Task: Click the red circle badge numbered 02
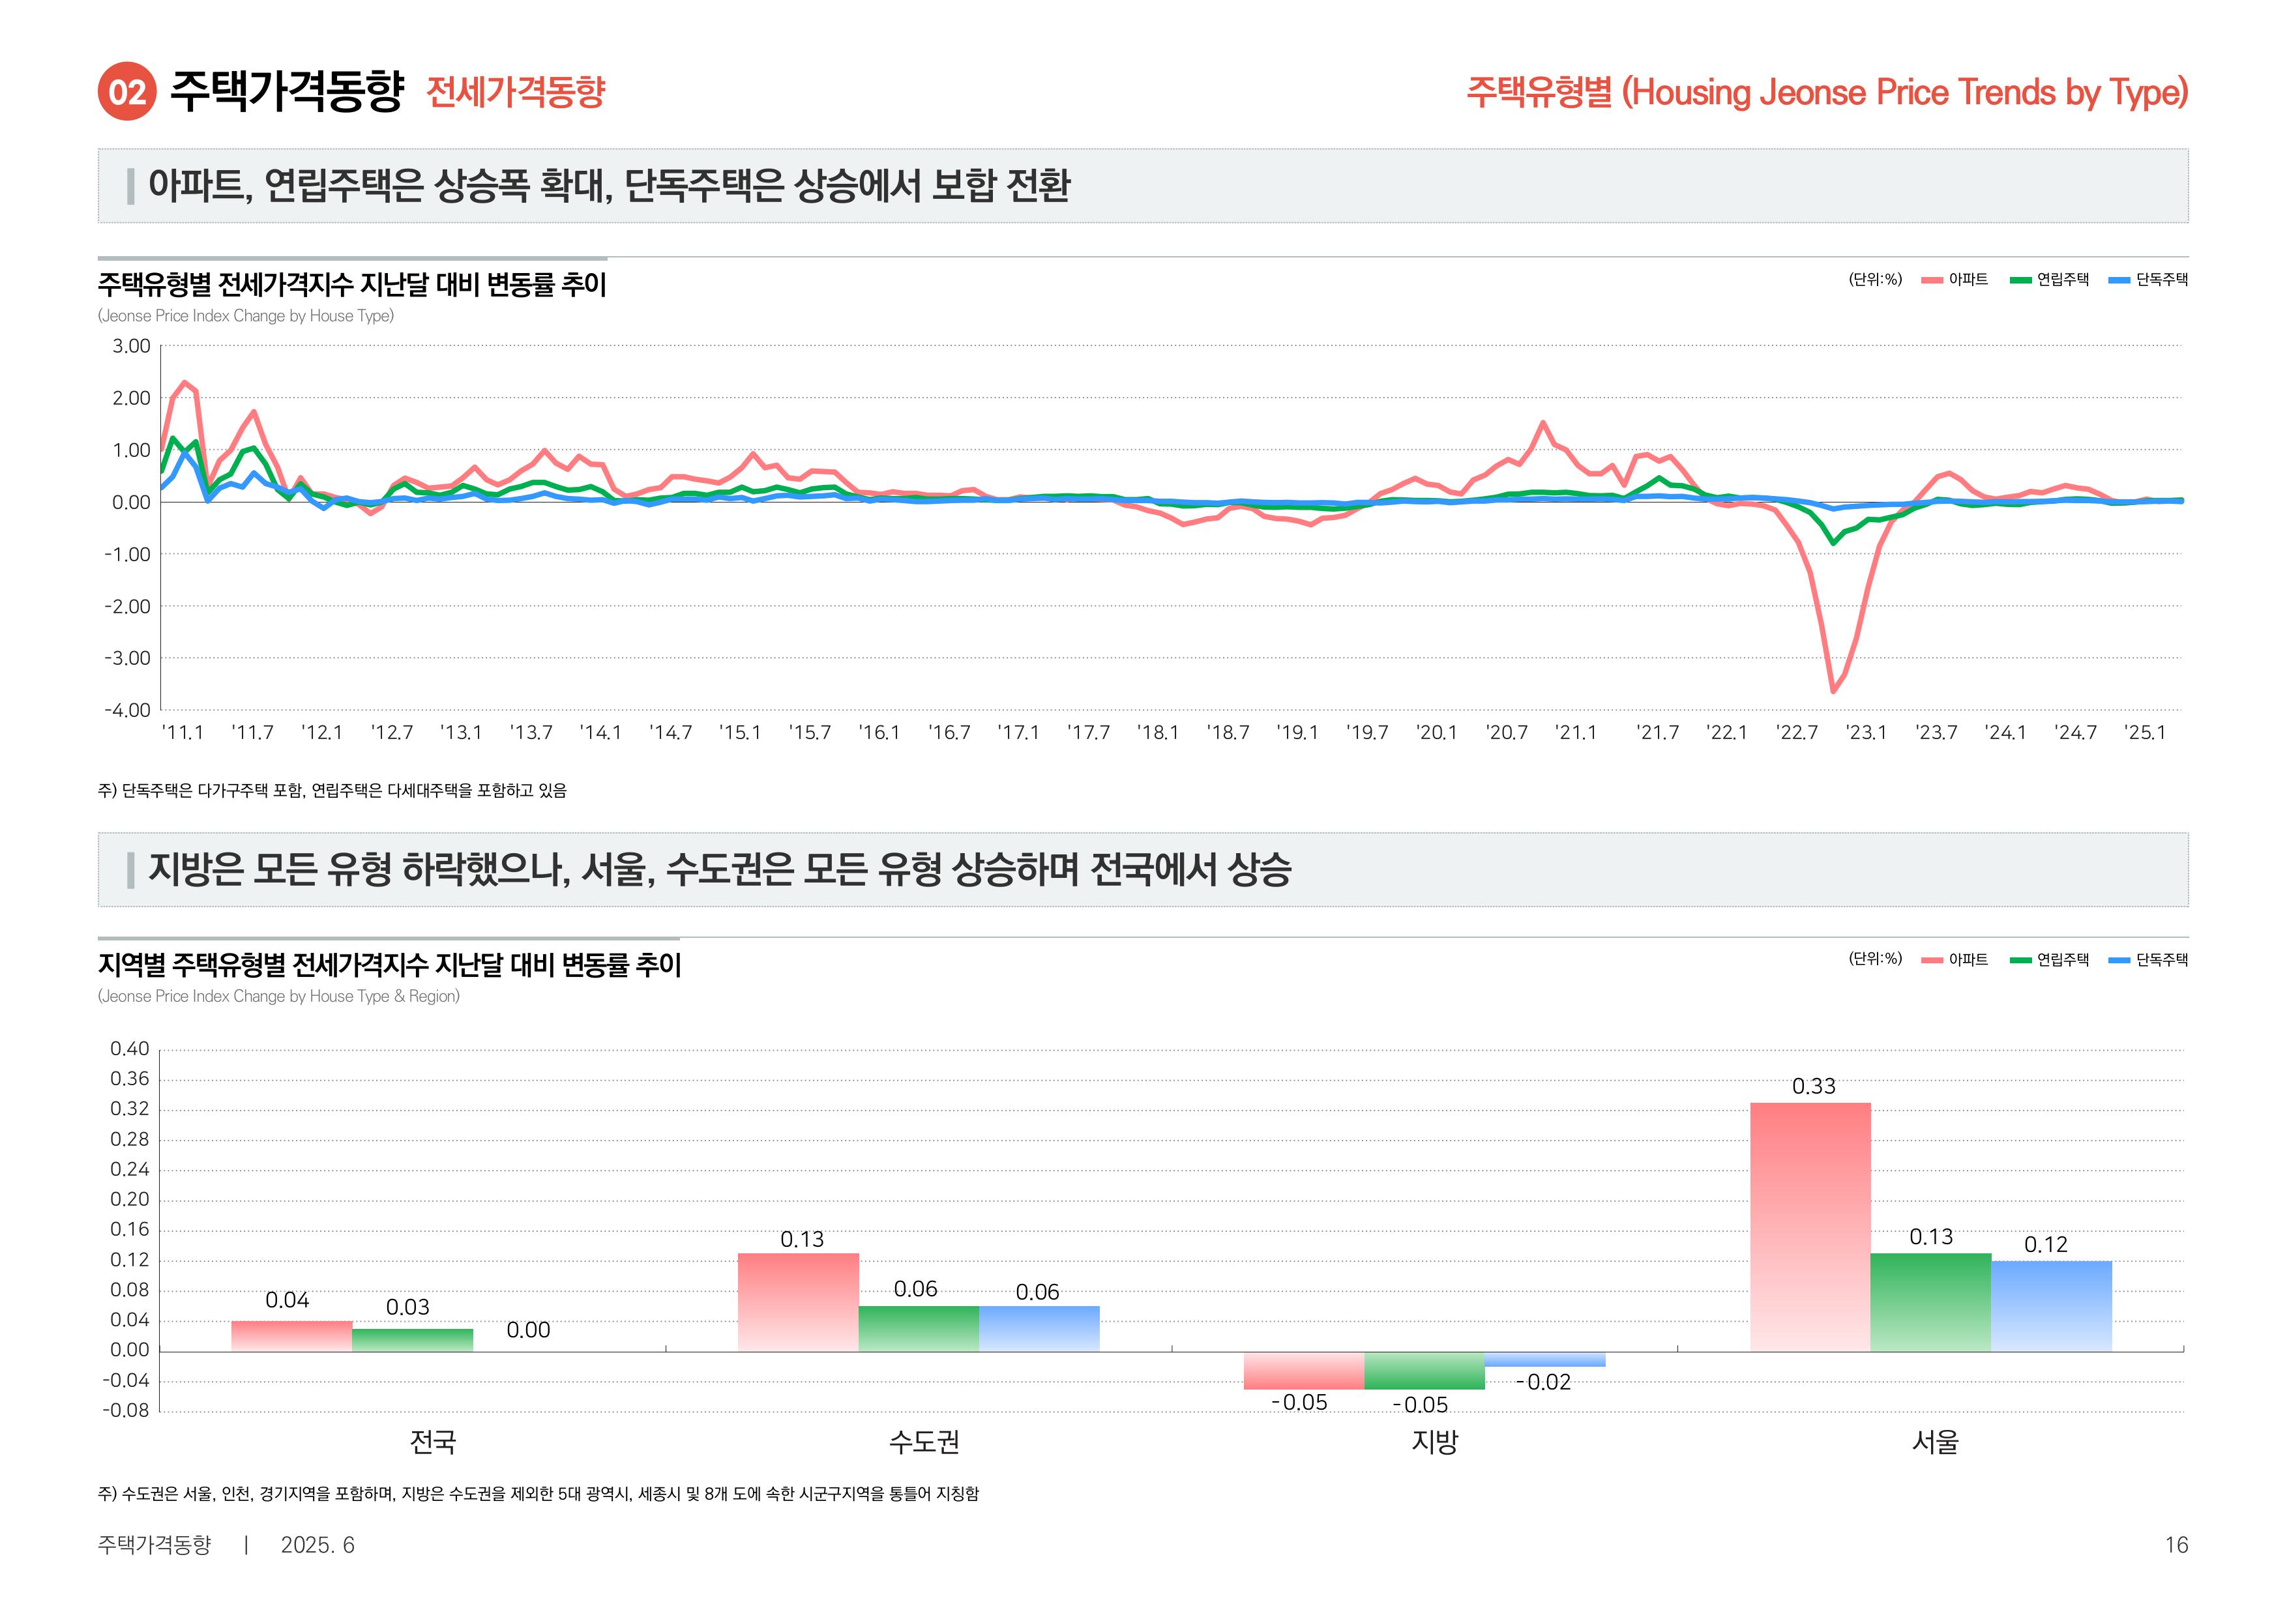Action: (x=126, y=92)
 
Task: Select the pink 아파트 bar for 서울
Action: (x=1809, y=1226)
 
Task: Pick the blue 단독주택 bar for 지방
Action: (x=1544, y=1359)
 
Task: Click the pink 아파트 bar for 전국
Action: (x=292, y=1335)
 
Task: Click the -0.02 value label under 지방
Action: (x=1543, y=1382)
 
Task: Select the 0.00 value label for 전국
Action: (x=528, y=1330)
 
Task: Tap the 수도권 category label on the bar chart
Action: (x=923, y=1441)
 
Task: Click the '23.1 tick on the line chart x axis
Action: (x=1866, y=733)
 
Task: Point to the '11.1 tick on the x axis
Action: (x=183, y=733)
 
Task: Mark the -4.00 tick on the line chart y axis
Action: (x=128, y=710)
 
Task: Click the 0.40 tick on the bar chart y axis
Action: (x=130, y=1049)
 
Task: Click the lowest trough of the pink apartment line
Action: (x=1833, y=690)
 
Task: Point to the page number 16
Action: (x=2176, y=1544)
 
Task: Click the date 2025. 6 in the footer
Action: (x=317, y=1544)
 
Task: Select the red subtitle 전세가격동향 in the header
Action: (x=515, y=92)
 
